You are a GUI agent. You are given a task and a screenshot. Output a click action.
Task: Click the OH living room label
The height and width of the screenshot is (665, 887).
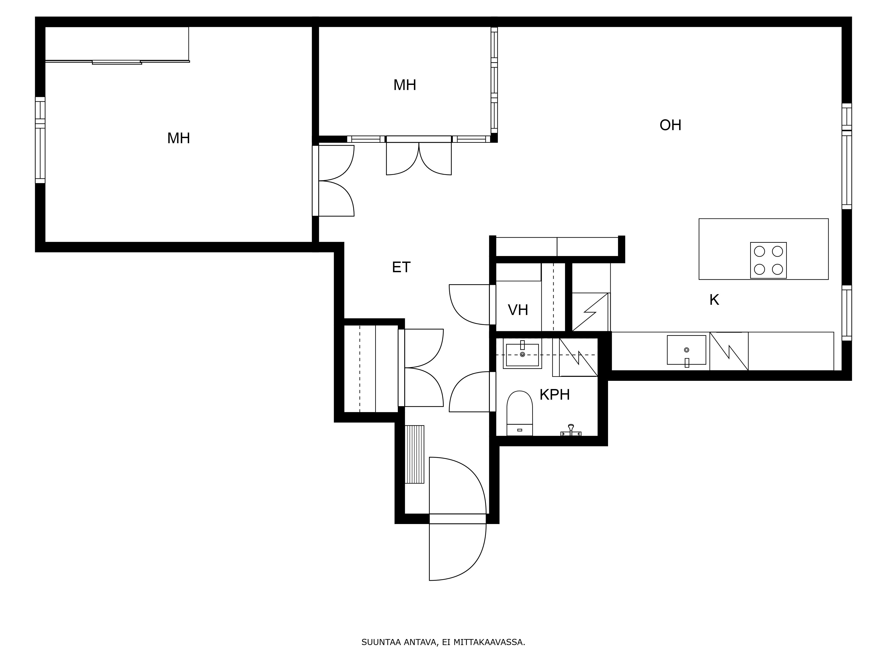[x=671, y=125]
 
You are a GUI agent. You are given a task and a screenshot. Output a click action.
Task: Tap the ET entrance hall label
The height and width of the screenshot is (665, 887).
[x=401, y=267]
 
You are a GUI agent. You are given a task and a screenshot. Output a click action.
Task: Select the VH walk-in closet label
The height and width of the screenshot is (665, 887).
[x=518, y=310]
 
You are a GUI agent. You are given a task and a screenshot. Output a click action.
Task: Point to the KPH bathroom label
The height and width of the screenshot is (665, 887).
[x=555, y=395]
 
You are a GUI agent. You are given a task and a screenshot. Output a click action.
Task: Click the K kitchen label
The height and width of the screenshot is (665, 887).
[x=714, y=300]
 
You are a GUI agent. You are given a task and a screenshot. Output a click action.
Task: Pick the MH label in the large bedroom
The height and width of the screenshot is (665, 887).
[x=179, y=138]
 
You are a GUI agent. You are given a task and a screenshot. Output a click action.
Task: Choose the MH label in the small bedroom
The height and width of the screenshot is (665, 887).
[x=405, y=85]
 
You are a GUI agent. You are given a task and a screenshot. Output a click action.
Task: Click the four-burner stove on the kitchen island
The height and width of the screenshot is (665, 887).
[x=768, y=260]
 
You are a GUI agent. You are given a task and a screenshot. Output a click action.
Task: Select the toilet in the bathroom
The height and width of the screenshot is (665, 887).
[x=520, y=413]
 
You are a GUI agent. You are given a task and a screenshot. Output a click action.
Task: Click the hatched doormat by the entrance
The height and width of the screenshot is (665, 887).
[x=414, y=455]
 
